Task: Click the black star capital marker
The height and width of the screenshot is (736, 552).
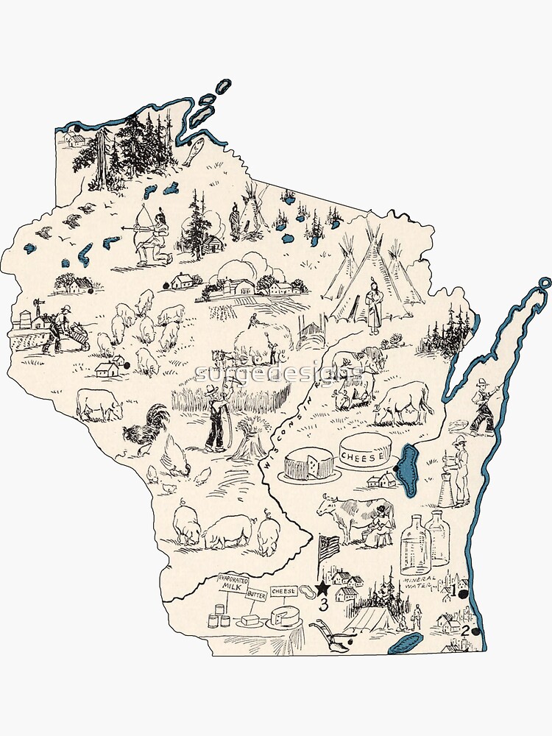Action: click(322, 588)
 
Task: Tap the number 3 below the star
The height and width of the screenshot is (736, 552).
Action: click(323, 605)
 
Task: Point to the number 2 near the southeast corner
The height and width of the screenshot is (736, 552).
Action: click(464, 630)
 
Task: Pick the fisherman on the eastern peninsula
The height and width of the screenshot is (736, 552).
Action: click(482, 406)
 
